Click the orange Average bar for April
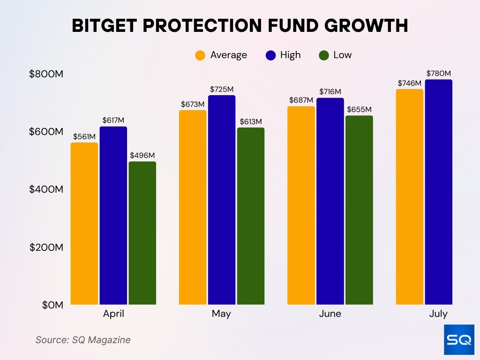[84, 224]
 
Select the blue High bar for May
[222, 200]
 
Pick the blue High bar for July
[439, 192]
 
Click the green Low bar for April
[142, 233]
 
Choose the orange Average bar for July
[409, 197]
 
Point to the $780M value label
[439, 73]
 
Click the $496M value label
[142, 155]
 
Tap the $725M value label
[222, 89]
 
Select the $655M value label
[359, 109]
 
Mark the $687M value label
[301, 100]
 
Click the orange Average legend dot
[200, 55]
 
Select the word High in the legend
[290, 55]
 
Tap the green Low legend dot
[324, 55]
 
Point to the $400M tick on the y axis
[46, 189]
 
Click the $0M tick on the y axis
[52, 305]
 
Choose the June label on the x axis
[330, 314]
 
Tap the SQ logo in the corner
[459, 340]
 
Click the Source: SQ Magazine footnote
[83, 340]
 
